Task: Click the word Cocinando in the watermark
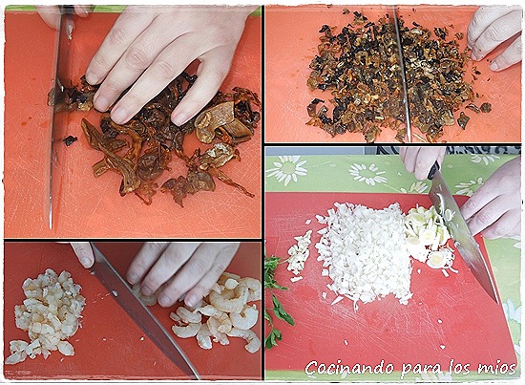point(349,368)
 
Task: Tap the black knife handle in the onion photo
point(433,171)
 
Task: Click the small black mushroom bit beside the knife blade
point(70,140)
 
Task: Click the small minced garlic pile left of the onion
point(299,252)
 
